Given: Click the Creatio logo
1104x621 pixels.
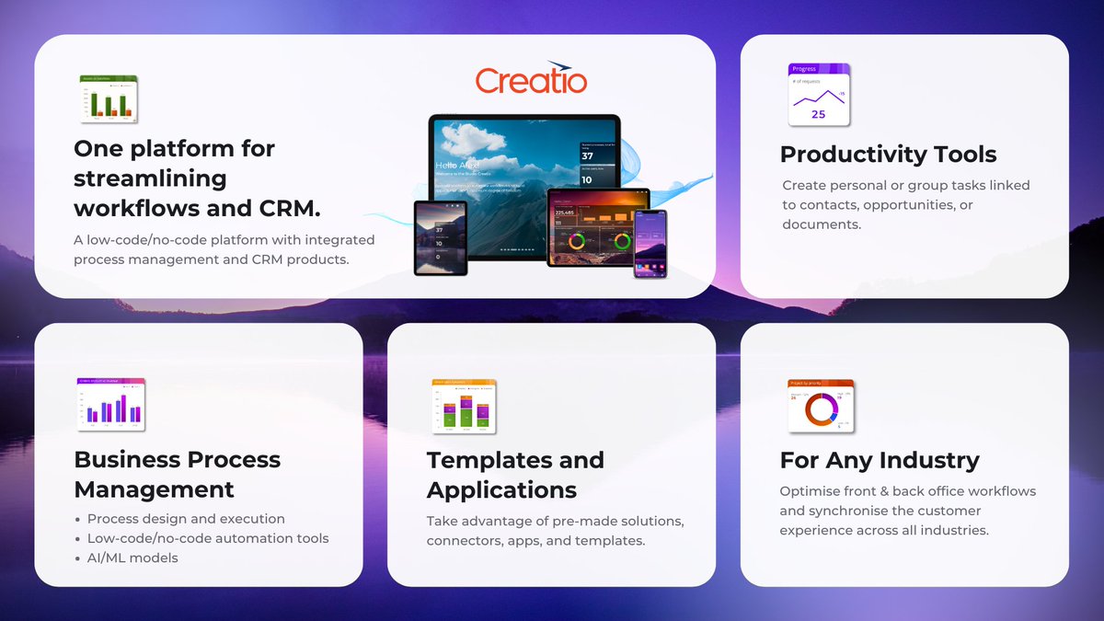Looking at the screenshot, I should [x=531, y=80].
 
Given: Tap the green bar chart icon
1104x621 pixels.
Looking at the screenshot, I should [x=109, y=98].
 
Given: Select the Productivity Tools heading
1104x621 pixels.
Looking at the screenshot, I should [x=888, y=154].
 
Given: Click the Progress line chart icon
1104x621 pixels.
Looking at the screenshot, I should [x=819, y=95].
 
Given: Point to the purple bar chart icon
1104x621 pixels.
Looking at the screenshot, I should [x=110, y=404].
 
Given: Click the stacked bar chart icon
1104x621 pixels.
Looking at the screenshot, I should [x=464, y=406].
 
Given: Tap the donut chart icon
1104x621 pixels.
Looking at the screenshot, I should [x=821, y=406].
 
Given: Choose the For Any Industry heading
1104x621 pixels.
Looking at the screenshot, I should [x=880, y=460].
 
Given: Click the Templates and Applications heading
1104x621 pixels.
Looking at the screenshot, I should [x=515, y=475].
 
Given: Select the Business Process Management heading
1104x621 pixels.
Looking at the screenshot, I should [x=178, y=475].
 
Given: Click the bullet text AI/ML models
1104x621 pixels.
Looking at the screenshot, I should [x=132, y=558].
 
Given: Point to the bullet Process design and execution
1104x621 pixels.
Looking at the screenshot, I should [x=186, y=519].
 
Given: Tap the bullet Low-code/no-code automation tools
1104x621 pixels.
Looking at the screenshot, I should [x=208, y=538].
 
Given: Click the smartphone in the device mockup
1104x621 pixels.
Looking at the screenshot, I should [x=650, y=243].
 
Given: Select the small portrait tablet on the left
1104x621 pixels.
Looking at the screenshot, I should [x=441, y=237].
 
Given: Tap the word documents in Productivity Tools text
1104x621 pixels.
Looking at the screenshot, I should [x=822, y=224].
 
